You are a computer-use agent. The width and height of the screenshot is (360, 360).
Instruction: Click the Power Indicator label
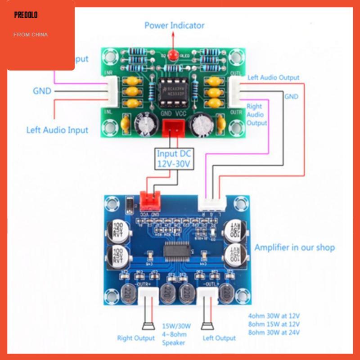[x=174, y=25]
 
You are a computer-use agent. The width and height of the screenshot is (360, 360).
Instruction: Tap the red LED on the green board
[x=173, y=55]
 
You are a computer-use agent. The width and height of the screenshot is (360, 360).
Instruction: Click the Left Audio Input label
[x=57, y=130]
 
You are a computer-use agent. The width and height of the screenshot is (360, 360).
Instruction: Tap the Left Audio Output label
[x=273, y=77]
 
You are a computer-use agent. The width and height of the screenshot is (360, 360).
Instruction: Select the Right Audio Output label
[x=257, y=115]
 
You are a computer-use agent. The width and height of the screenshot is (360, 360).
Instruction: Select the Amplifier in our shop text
[x=294, y=247]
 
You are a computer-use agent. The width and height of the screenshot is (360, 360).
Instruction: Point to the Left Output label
[x=219, y=337]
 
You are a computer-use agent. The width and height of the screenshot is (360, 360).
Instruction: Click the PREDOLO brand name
[x=26, y=15]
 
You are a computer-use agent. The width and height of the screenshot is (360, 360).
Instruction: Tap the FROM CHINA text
[x=30, y=35]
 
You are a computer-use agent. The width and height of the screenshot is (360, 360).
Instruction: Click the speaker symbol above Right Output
[x=146, y=325]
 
